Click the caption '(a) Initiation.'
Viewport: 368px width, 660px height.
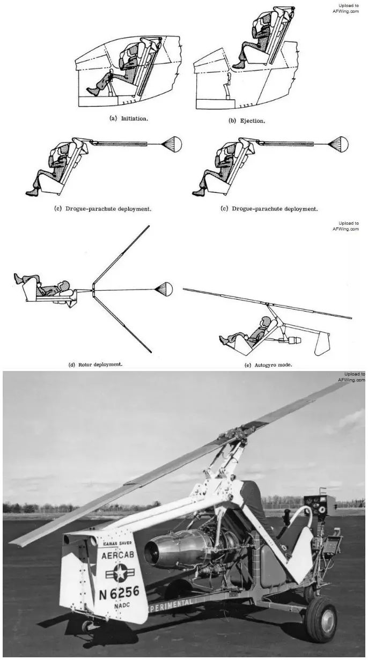click(x=129, y=118)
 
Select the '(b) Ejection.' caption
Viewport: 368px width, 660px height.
click(x=247, y=121)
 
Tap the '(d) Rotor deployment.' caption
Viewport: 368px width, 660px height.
click(x=95, y=364)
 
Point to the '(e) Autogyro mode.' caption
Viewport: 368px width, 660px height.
click(x=268, y=365)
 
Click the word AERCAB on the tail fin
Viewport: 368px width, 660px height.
click(x=117, y=555)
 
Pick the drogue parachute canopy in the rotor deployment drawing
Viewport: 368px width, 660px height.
click(x=164, y=290)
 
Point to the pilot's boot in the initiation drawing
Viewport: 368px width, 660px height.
click(x=93, y=91)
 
